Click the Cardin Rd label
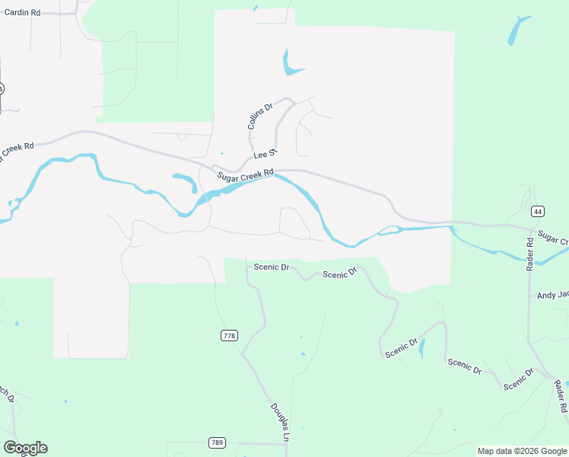(x=21, y=12)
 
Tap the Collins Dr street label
(x=260, y=117)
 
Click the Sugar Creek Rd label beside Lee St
(x=245, y=177)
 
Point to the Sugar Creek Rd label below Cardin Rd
(x=17, y=151)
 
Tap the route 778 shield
(x=228, y=336)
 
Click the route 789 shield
(x=217, y=443)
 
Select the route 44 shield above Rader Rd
(x=538, y=211)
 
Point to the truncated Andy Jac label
(x=552, y=295)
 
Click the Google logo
(x=25, y=448)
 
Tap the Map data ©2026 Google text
(x=522, y=451)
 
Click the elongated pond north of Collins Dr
(x=289, y=64)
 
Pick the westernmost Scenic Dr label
(x=272, y=267)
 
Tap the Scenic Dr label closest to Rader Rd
(x=519, y=379)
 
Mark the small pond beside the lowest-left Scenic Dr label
(x=423, y=348)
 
